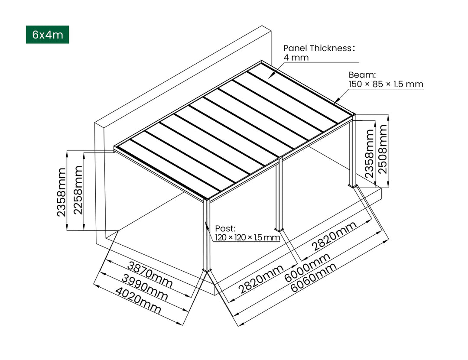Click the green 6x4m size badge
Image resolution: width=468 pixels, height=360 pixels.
(x=47, y=35)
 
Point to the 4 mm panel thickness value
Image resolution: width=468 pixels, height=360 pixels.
(x=296, y=58)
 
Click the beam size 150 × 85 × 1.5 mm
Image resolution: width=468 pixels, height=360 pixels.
(x=386, y=84)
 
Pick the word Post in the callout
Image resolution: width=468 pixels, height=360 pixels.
(x=224, y=228)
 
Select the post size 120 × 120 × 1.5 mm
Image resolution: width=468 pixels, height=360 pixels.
(x=247, y=237)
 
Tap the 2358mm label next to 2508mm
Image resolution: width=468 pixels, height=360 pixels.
(x=369, y=154)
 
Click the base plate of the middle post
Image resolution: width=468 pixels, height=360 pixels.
(x=279, y=229)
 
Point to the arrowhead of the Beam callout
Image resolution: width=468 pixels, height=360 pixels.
(x=336, y=101)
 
